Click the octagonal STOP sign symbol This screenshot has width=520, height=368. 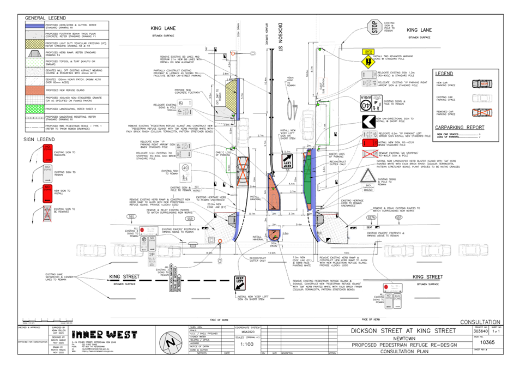click(x=372, y=27)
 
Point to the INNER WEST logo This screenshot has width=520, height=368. click(x=104, y=334)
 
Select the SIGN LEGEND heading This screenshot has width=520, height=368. click(x=39, y=140)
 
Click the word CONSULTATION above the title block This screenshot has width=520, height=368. click(x=480, y=322)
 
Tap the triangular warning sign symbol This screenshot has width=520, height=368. click(x=368, y=176)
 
